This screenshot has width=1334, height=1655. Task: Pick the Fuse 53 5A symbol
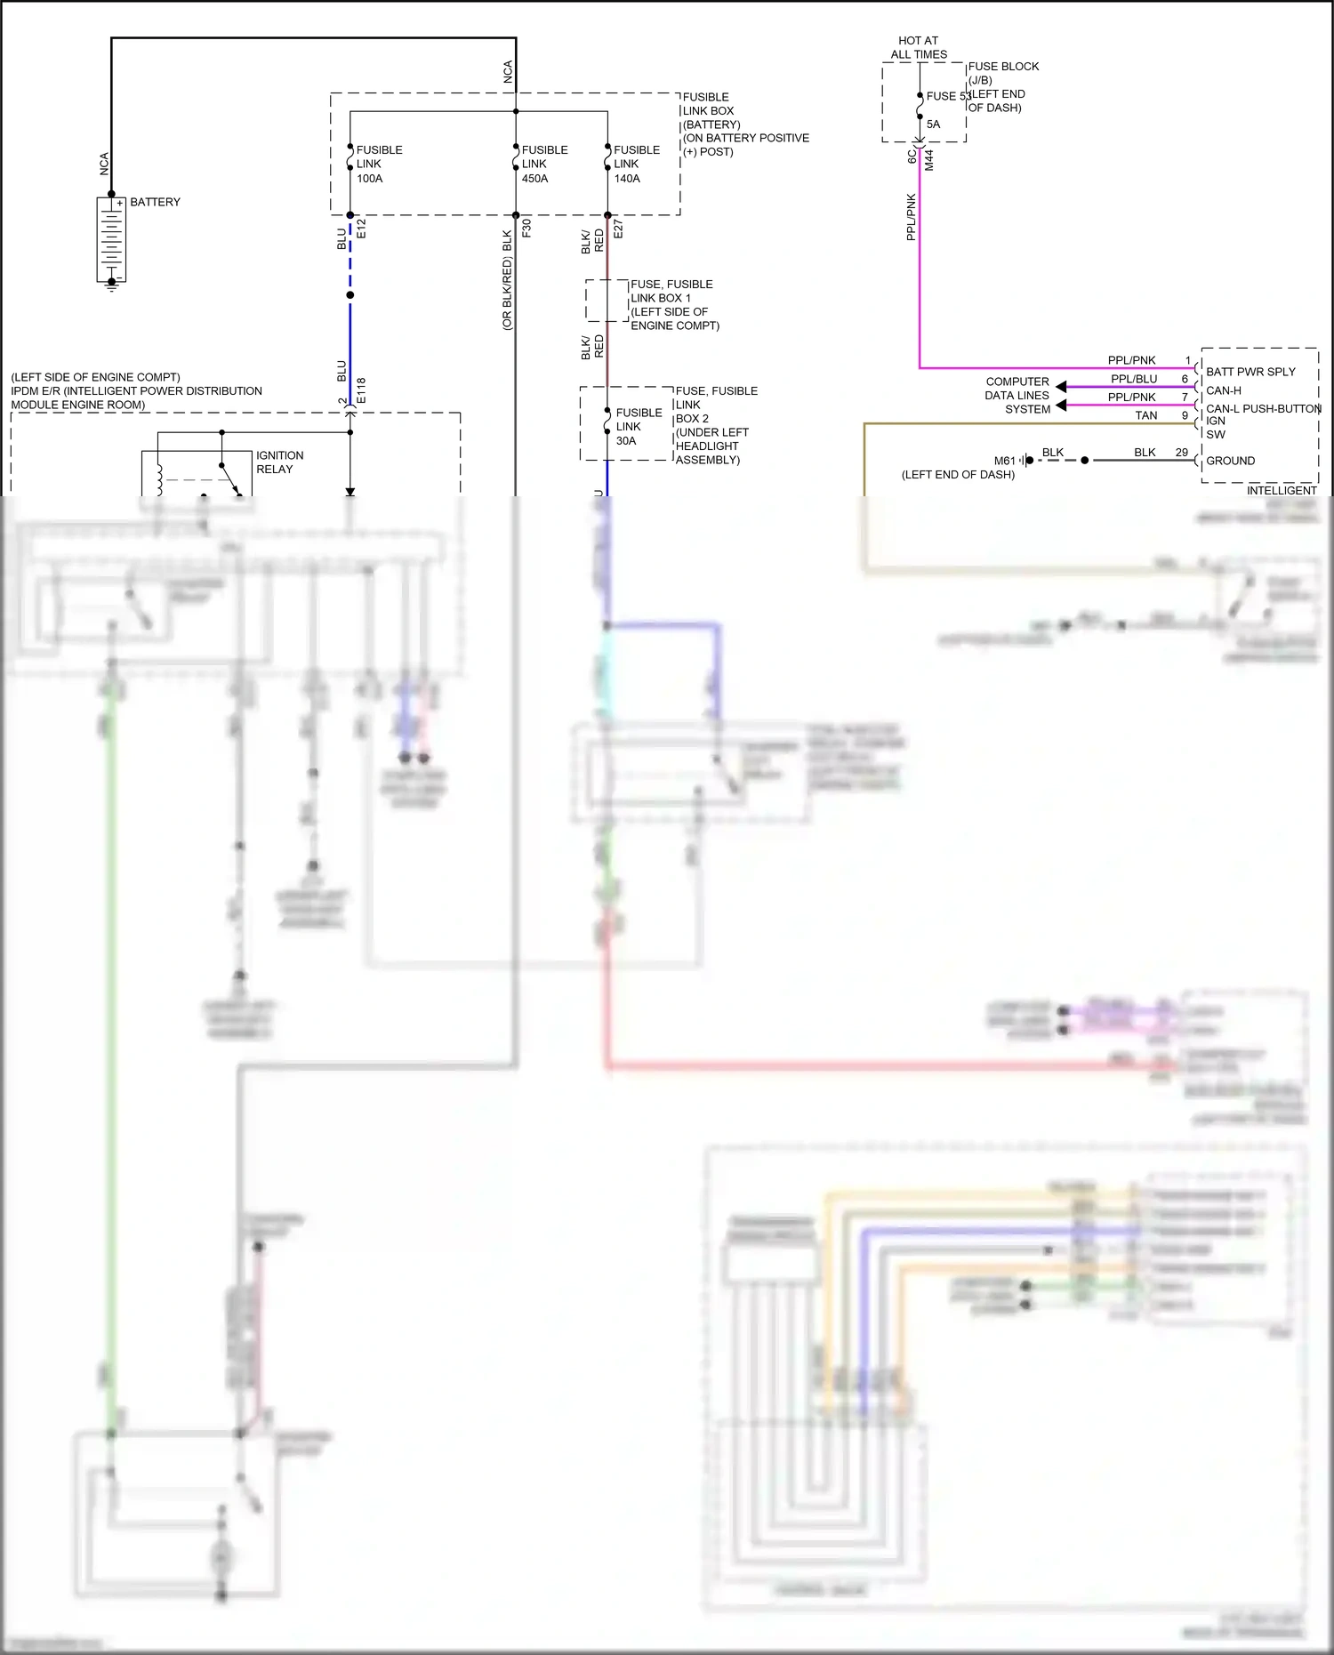point(920,109)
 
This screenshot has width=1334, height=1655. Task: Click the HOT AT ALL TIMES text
point(919,47)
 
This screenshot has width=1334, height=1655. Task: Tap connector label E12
point(361,229)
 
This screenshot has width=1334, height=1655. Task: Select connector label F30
point(526,228)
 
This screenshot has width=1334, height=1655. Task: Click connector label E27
point(619,229)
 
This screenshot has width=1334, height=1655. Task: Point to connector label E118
point(361,390)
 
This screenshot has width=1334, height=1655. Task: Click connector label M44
point(929,160)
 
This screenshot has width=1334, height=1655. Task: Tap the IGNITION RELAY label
point(279,462)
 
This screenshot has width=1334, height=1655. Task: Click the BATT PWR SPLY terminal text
point(1250,372)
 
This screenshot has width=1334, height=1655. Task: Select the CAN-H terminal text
point(1224,390)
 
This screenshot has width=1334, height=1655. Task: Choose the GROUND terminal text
point(1231,461)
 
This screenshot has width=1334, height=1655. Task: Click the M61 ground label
point(1005,461)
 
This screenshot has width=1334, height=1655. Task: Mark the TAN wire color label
point(1146,415)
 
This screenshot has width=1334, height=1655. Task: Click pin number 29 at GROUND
point(1181,453)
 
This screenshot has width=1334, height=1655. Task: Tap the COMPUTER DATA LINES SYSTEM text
point(1017,395)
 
